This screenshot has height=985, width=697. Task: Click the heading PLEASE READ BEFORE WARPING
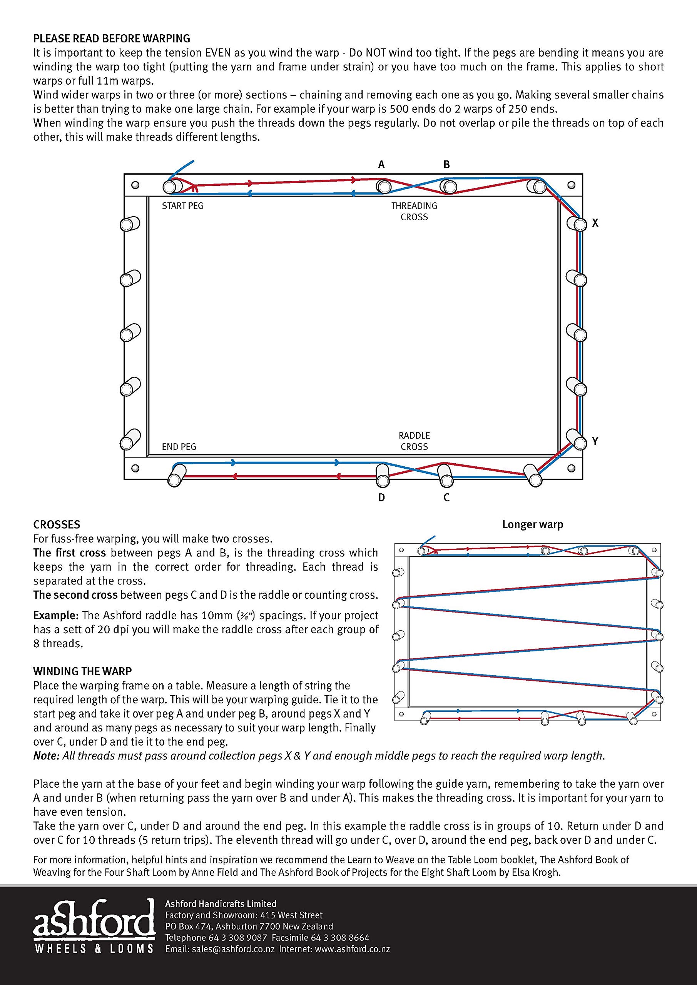(112, 38)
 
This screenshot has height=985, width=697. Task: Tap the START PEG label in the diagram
(182, 206)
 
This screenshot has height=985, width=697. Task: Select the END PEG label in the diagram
(179, 447)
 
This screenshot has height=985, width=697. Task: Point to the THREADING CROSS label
(414, 212)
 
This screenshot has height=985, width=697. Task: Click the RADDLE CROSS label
(414, 441)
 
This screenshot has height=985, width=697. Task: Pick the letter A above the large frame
(381, 164)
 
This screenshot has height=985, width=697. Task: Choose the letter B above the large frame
(446, 164)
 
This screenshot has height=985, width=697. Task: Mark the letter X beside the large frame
(595, 223)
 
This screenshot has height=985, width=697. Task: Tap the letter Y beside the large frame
(595, 441)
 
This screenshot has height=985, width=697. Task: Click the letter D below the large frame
(381, 498)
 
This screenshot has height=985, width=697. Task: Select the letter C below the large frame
(446, 498)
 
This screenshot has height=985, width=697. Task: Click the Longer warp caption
(533, 525)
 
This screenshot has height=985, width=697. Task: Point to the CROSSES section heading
(57, 525)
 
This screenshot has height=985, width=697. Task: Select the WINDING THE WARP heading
(82, 671)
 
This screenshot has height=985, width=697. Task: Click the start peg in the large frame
(172, 187)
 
